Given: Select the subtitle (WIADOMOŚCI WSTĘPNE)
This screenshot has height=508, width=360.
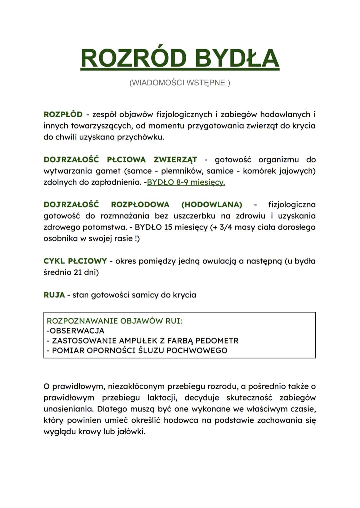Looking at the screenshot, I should [x=180, y=83].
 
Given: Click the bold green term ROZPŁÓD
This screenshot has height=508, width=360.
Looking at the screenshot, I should [x=63, y=115].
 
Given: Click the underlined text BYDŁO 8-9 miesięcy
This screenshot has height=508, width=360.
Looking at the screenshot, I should [x=186, y=182].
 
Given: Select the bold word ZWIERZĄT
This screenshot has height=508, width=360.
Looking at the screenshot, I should [x=175, y=160].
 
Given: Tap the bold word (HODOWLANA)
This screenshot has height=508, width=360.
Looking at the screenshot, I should [x=212, y=205].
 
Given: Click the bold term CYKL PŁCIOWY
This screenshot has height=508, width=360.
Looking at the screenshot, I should [x=75, y=261].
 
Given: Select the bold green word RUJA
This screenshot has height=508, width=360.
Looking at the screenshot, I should [x=54, y=295].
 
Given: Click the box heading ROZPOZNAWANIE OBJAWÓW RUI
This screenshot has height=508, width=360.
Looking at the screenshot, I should [x=114, y=321].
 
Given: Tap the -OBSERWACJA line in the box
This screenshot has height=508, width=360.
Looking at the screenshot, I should [x=76, y=331].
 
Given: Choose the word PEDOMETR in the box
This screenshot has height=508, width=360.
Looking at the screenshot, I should [x=217, y=341].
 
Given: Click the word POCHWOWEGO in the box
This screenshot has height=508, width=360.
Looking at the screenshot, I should [x=197, y=350].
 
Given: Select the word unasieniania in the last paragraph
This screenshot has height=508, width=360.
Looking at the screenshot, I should [x=68, y=409].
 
